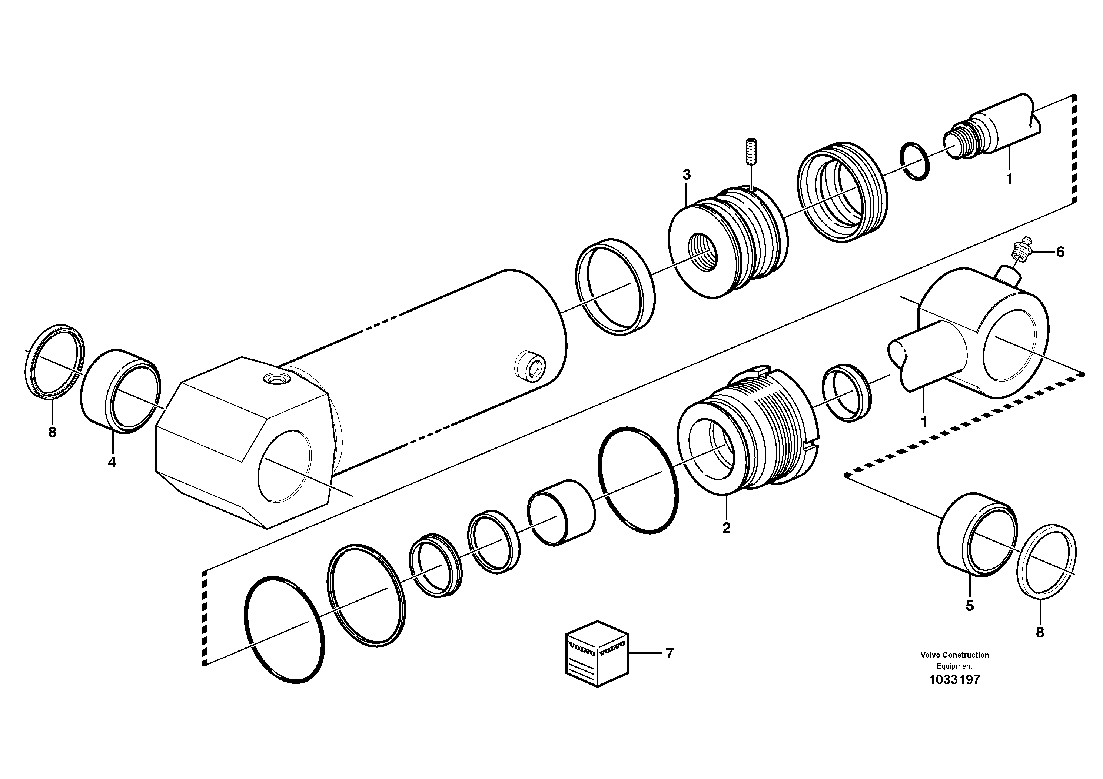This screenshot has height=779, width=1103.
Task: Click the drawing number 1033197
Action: coord(954,680)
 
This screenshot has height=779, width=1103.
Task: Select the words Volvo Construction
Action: coord(954,655)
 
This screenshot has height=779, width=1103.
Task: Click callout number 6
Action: coord(1060,252)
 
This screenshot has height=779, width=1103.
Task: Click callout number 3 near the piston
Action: coord(687,175)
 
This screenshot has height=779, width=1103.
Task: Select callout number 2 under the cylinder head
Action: coord(726,528)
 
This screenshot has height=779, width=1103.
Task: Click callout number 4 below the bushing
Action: coord(112,463)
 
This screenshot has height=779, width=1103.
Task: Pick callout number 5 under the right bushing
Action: coord(970,606)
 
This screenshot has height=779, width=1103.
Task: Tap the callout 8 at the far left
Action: coord(52,432)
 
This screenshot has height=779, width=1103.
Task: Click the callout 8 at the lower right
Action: coord(1040,633)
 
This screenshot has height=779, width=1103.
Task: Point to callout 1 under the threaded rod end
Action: coord(1009,179)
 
